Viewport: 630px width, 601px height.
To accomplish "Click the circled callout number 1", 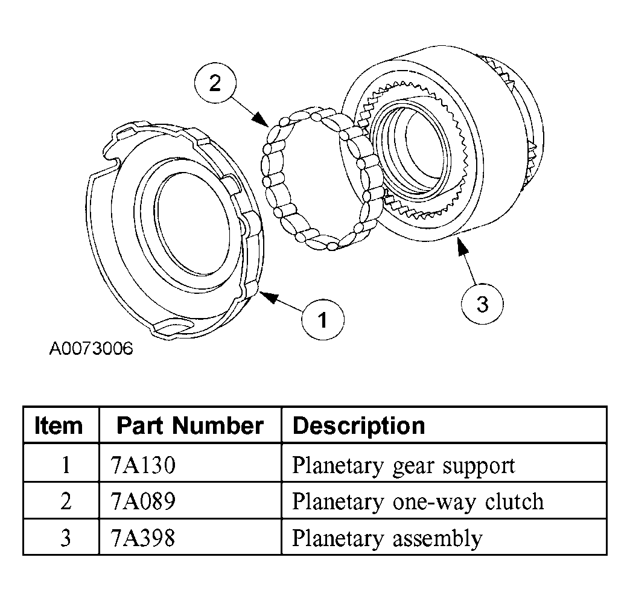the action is coord(323,319).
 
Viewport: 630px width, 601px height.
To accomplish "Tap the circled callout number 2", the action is coord(215,83).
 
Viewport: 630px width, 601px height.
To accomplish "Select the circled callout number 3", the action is coord(482,304).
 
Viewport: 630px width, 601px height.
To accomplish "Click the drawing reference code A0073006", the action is coord(91,348).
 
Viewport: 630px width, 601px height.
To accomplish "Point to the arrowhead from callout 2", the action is coord(261,119).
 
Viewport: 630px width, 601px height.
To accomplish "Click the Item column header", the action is coord(59,425).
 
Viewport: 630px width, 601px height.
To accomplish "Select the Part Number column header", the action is coord(189,425).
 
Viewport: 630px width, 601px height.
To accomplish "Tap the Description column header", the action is coord(359,426).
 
